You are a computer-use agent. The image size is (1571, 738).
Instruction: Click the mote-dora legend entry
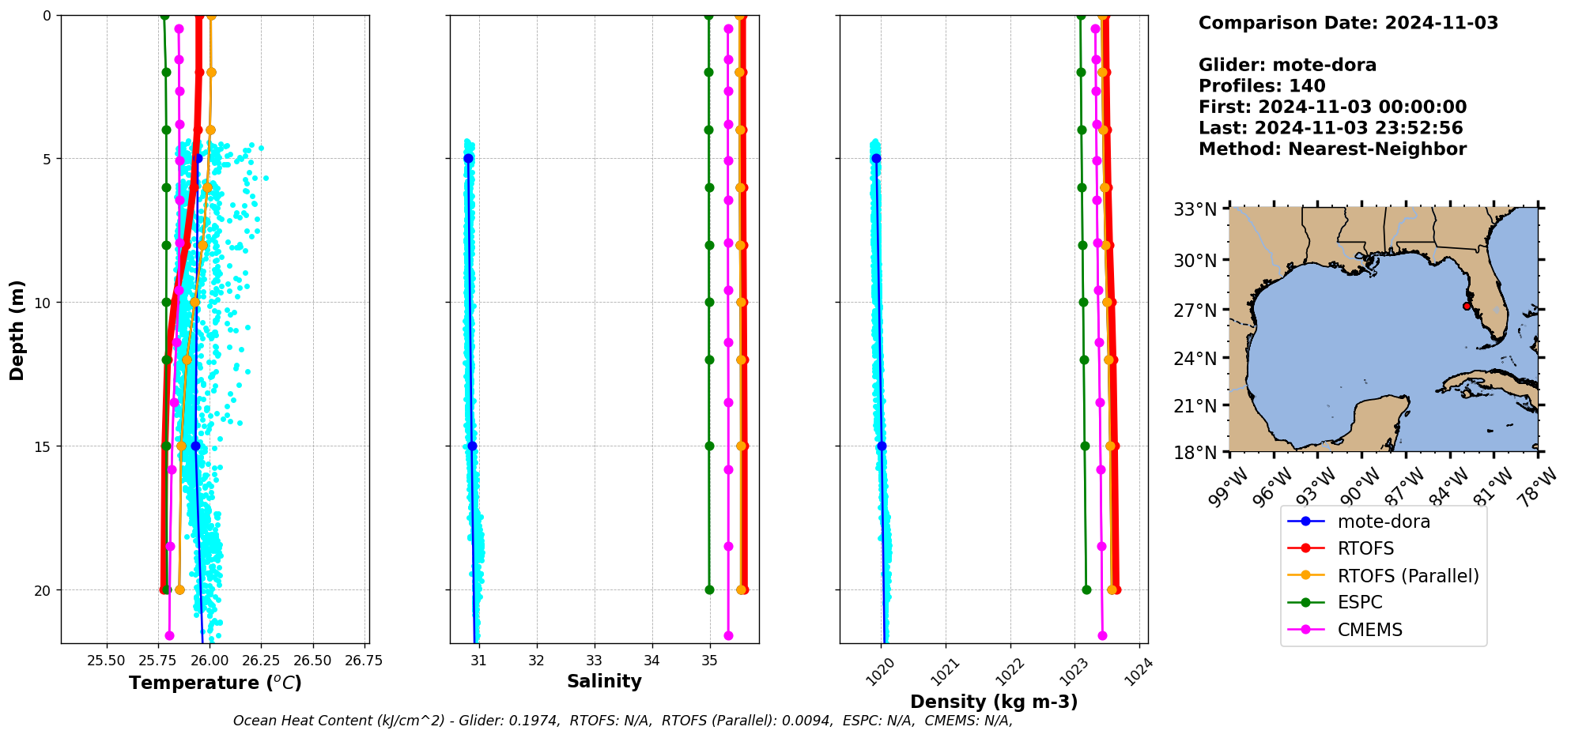1383,521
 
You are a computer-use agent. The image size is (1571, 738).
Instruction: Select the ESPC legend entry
1359,603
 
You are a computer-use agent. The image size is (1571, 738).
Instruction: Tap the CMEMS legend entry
1369,631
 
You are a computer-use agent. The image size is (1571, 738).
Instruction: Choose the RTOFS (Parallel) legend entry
1407,576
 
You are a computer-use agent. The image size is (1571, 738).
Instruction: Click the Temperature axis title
215,683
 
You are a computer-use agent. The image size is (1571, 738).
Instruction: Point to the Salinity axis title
604,681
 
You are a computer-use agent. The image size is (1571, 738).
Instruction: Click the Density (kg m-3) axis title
994,702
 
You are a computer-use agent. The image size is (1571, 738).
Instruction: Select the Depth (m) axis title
17,329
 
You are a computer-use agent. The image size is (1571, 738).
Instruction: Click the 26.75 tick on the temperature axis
364,661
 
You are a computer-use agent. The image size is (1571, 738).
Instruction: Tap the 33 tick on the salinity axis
595,661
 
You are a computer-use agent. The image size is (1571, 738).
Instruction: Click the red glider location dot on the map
1467,307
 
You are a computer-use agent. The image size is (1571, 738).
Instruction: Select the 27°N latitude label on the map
1195,310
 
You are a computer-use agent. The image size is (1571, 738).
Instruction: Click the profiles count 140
1309,86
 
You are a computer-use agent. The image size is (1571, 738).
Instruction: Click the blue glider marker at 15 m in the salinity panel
472,446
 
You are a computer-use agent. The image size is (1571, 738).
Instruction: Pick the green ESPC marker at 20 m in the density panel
1086,590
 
